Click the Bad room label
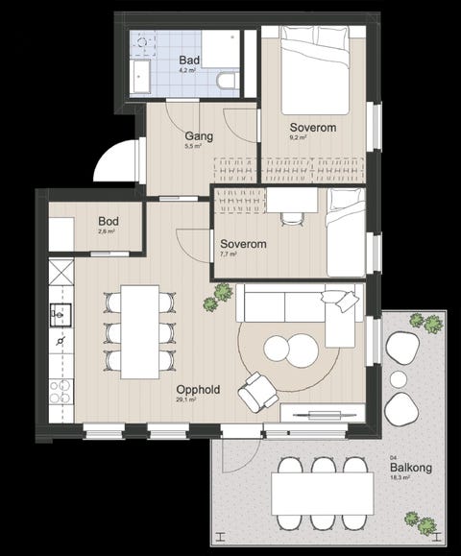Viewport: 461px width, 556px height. coord(189,60)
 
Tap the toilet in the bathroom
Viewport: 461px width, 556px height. coord(227,81)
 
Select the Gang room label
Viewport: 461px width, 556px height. coord(199,136)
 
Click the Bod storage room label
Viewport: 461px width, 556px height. coord(109,221)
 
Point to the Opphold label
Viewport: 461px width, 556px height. coord(198,389)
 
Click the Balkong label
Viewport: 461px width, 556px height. coord(411,468)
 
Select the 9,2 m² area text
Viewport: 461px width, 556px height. coord(298,137)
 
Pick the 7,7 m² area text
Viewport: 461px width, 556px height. coord(229,254)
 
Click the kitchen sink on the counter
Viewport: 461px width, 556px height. coord(61,314)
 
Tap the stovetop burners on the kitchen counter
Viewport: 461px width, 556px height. coord(61,392)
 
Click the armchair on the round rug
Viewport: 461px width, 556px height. coord(257,392)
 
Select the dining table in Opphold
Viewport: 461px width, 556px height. coord(139,332)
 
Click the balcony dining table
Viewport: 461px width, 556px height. coord(323,494)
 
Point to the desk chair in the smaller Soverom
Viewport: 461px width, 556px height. coord(293,219)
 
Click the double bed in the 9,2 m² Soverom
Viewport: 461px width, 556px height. coord(315,70)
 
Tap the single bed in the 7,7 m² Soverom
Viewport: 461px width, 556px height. coord(346,232)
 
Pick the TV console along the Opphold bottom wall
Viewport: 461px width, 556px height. coord(323,413)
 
